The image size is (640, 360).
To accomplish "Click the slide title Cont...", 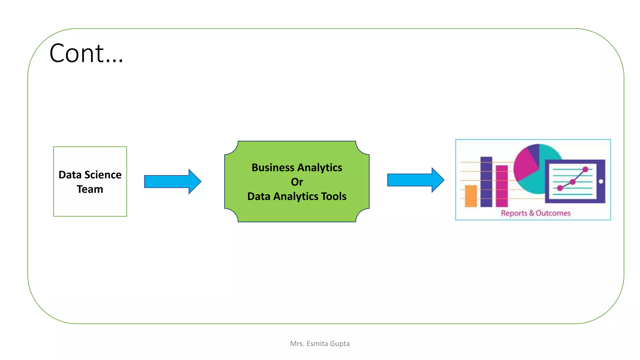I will [86, 53].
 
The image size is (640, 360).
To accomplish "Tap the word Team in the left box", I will [90, 189].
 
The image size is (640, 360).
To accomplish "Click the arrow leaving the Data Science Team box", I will [172, 182].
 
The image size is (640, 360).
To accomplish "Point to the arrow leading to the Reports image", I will [415, 180].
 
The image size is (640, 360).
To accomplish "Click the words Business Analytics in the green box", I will [297, 167].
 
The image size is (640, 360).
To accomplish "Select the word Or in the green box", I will [297, 182].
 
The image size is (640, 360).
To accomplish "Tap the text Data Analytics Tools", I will [297, 196].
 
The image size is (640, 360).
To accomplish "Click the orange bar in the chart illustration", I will [471, 196].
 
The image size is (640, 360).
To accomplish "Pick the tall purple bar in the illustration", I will [486, 182].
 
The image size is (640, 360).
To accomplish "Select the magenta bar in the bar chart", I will [502, 186].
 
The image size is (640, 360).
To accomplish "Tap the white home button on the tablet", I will [601, 181].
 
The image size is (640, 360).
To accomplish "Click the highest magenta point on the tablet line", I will [585, 169].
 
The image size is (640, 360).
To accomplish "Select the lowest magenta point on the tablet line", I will [560, 188].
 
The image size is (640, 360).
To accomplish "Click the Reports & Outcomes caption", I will [536, 213].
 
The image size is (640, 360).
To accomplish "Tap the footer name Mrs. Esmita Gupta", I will [320, 344].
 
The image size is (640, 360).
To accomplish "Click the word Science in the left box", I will [103, 175].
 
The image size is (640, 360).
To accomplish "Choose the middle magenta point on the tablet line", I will [572, 182].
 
